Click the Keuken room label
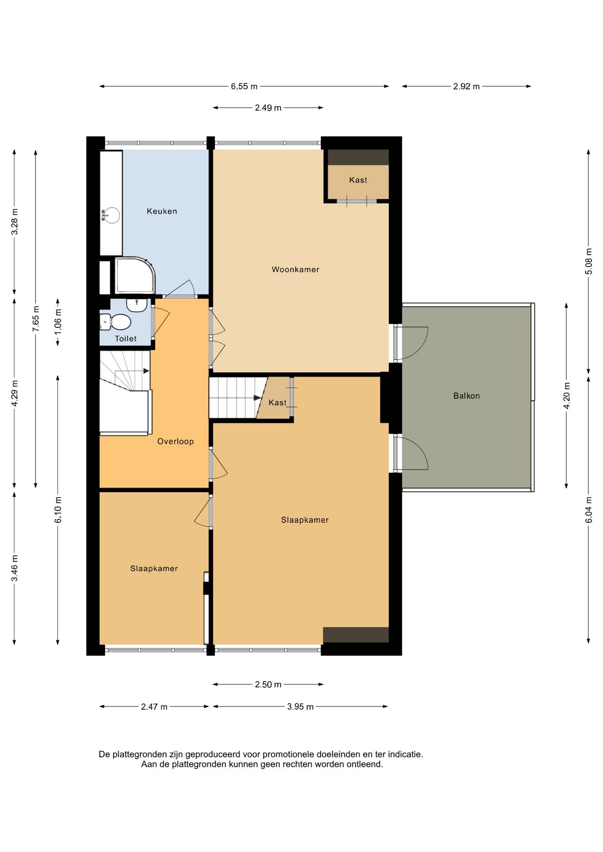162,211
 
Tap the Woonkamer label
295,269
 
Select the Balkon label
466,396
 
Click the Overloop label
175,441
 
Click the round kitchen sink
111,216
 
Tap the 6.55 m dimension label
244,87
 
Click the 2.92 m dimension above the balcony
466,87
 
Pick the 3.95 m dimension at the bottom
300,706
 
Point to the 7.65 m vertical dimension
36,319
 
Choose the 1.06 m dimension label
58,321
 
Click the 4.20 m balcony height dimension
567,396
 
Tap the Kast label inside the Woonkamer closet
358,180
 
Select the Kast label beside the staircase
278,402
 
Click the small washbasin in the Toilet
137,304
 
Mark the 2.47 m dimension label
154,706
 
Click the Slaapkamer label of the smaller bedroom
154,568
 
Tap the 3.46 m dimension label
15,568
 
